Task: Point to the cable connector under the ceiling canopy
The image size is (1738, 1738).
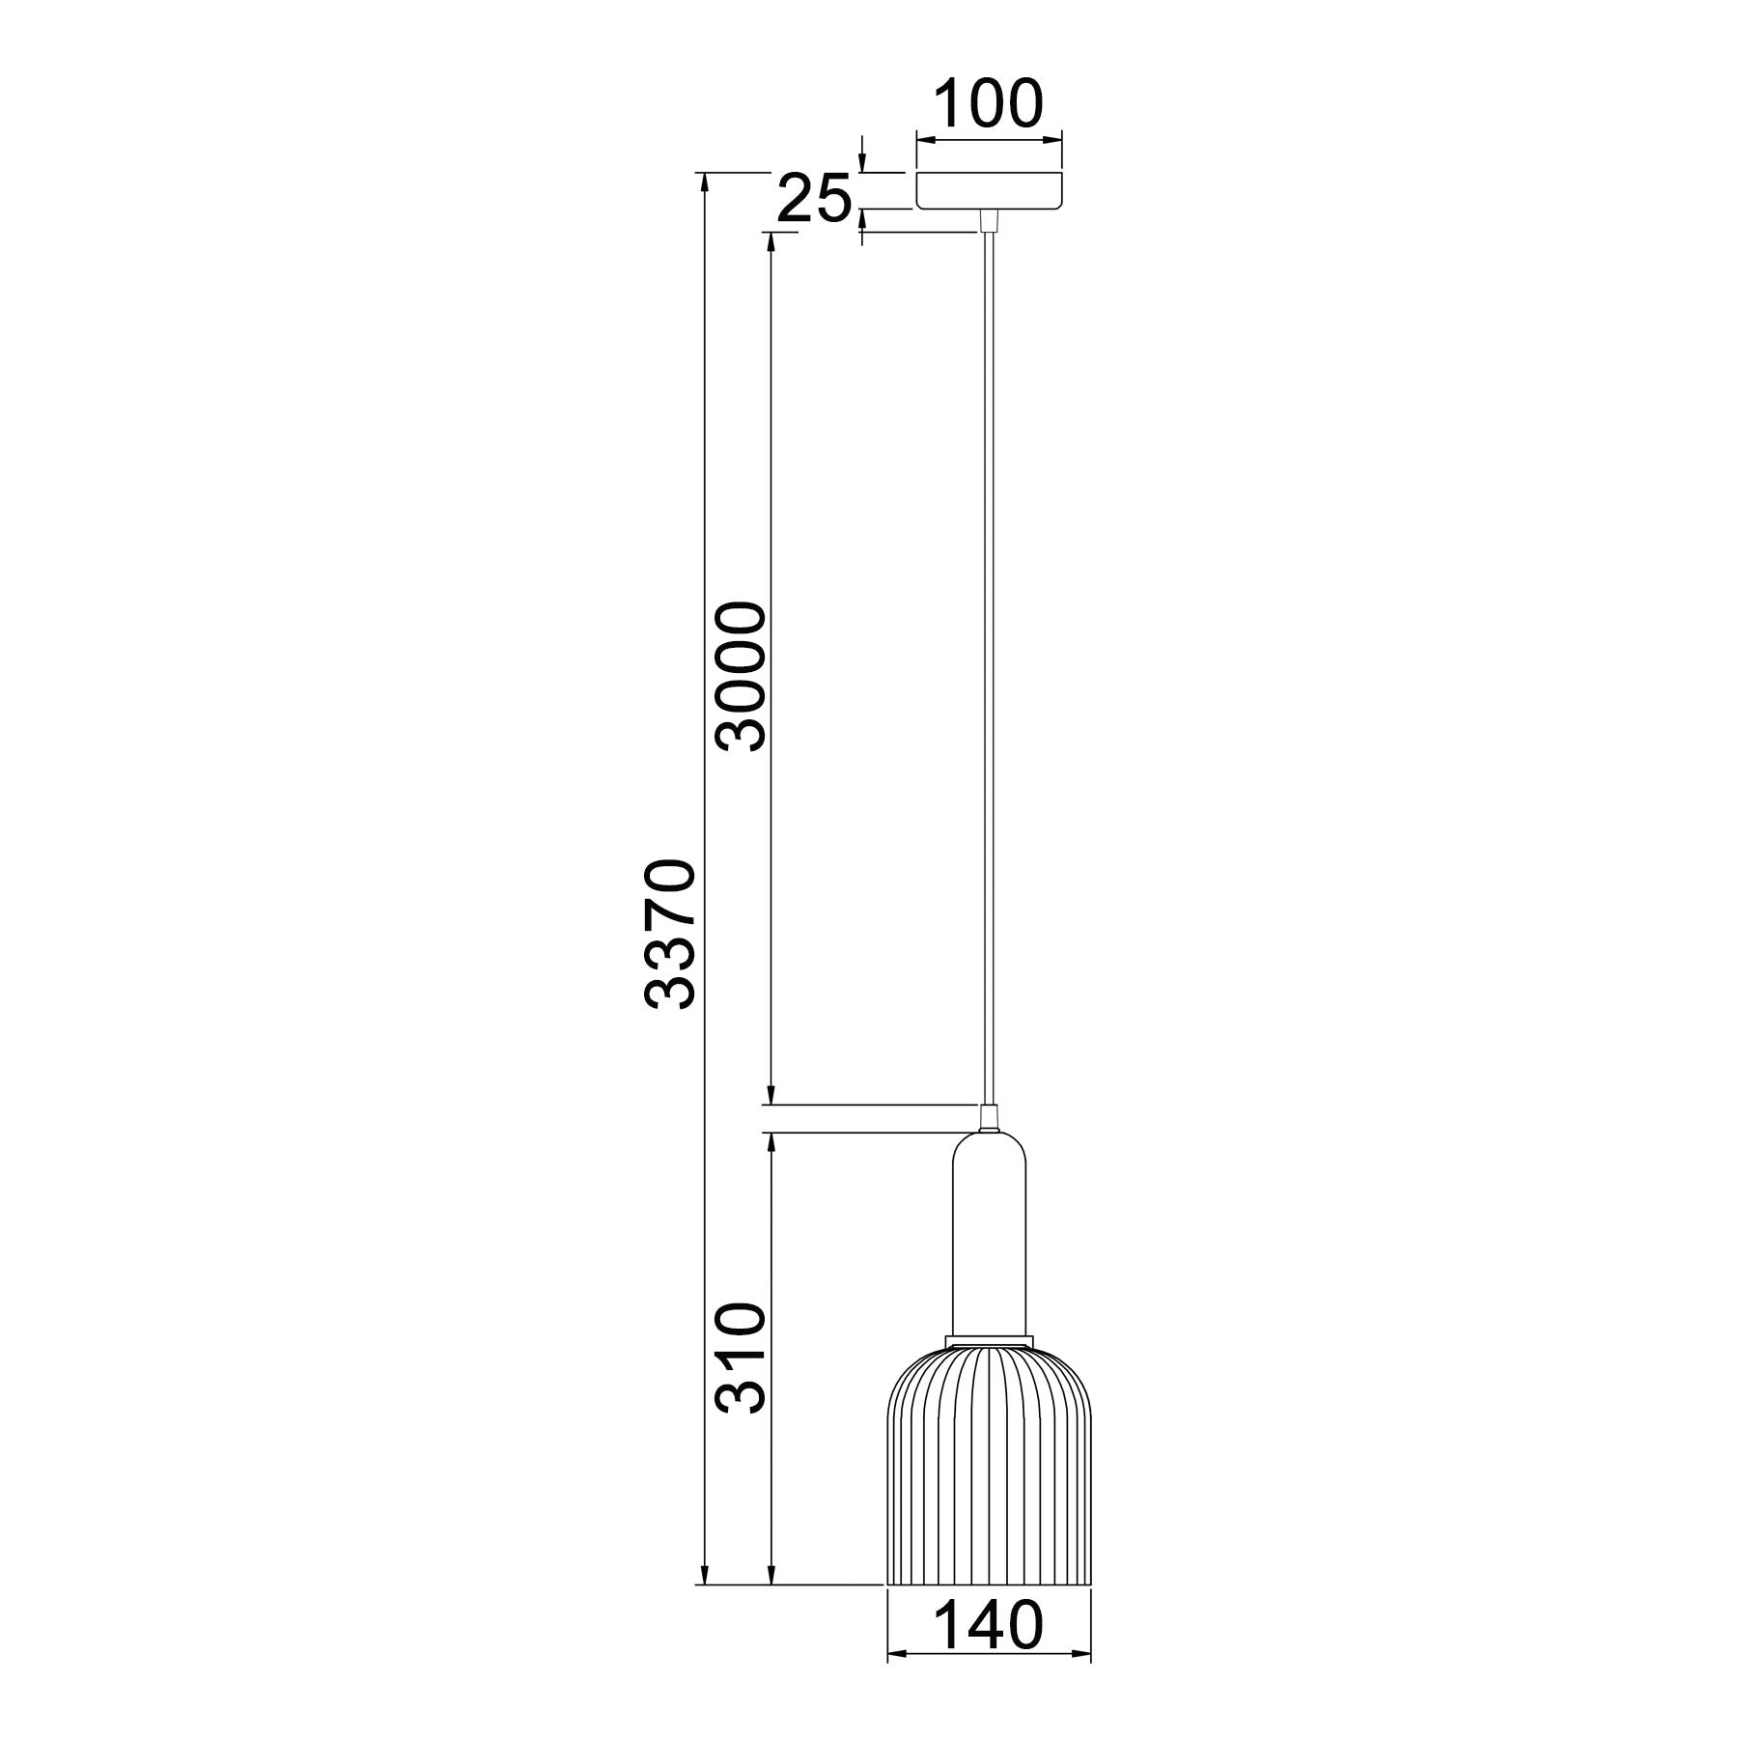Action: [988, 221]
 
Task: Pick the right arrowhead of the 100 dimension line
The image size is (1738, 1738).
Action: [1054, 140]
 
